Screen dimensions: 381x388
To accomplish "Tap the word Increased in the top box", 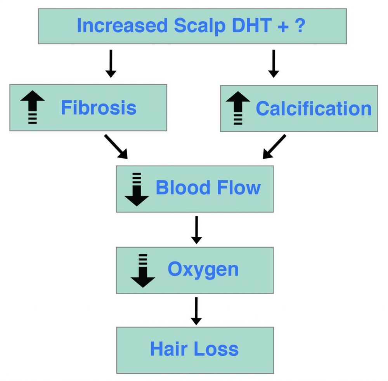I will [x=122, y=25].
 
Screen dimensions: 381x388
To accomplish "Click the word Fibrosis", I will [x=99, y=108].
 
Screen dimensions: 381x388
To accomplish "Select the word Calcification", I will [x=314, y=108].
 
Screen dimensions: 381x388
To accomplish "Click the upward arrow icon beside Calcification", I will [x=238, y=108].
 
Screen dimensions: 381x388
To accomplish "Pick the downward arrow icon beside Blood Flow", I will [x=137, y=189].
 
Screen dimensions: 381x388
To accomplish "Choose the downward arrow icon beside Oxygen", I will [x=143, y=271].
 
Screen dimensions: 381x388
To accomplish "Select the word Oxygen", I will [x=203, y=269].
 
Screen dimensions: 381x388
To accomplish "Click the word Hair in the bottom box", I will [x=168, y=349].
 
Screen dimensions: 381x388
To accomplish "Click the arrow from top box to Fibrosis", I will [x=111, y=63].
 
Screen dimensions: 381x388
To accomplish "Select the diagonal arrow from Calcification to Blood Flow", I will [x=274, y=147].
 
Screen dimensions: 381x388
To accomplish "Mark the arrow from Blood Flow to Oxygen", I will [x=196, y=230].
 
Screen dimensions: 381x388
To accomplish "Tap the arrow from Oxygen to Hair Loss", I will [x=196, y=311].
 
